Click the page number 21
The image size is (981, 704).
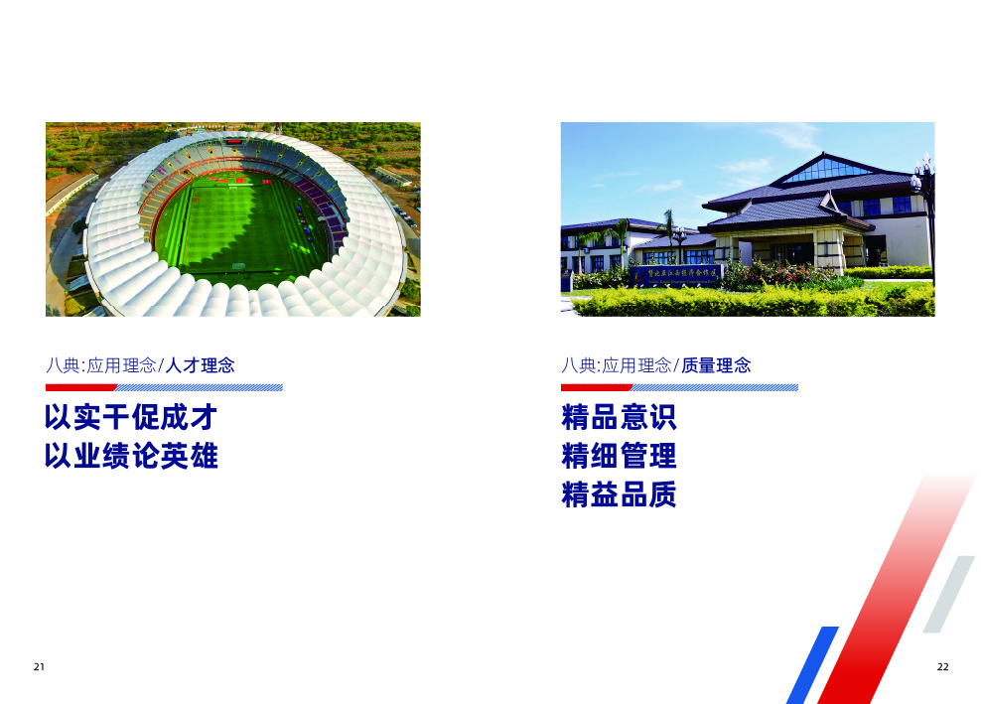tap(39, 666)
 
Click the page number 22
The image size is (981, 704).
tap(942, 666)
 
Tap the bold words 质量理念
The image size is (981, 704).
tap(716, 365)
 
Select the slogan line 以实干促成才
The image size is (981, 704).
tap(130, 417)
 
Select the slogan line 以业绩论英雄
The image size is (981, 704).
tap(130, 457)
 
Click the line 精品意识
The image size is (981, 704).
tap(619, 417)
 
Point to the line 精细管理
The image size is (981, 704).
tap(619, 457)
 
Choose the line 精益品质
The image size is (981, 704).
tap(619, 495)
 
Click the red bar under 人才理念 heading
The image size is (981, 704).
tap(81, 387)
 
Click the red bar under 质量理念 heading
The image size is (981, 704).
tap(597, 387)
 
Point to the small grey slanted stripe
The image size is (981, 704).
tap(949, 594)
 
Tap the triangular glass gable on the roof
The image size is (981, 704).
tap(827, 170)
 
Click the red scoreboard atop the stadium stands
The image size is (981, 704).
tap(232, 141)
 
